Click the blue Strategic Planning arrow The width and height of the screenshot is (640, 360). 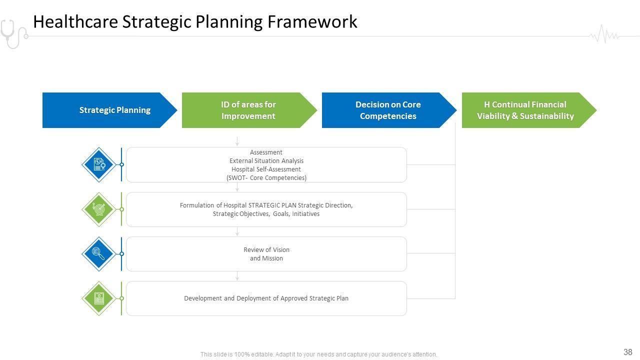tap(110, 110)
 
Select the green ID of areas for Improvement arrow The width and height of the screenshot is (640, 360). tap(248, 110)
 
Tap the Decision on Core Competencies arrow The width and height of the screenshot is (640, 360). tap(388, 110)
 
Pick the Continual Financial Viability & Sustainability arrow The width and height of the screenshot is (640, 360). tap(525, 110)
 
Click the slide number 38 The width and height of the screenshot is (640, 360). tap(628, 352)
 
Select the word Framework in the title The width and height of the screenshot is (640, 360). tap(312, 22)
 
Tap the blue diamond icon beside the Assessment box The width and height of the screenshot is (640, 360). tap(99, 164)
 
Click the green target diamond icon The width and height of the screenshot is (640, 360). tap(99, 209)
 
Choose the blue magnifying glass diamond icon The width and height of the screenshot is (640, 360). tap(99, 253)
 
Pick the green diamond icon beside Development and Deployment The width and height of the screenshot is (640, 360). tap(99, 298)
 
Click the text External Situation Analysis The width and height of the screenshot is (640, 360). tap(266, 161)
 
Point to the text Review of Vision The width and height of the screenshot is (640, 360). tap(266, 249)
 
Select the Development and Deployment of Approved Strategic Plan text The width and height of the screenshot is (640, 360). tap(266, 298)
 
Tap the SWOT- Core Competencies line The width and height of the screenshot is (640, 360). tap(266, 178)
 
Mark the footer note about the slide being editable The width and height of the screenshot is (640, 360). tap(319, 354)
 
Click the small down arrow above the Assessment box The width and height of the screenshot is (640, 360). tap(237, 141)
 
